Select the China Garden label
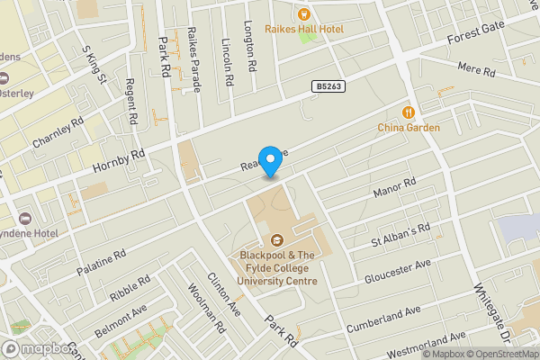point(409,128)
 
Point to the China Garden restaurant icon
point(409,112)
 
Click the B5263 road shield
point(328,86)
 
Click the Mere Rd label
point(477,69)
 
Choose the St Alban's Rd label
point(401,235)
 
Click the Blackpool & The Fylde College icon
point(275,241)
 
